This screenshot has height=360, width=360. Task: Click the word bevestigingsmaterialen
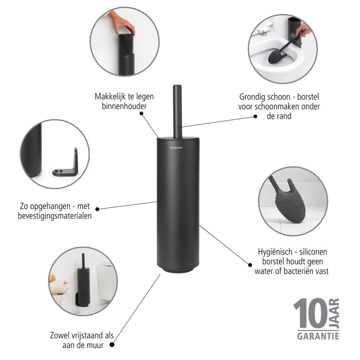(54, 215)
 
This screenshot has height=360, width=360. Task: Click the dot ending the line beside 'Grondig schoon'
(255, 117)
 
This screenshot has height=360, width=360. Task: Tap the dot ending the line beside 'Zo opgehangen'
(98, 209)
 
